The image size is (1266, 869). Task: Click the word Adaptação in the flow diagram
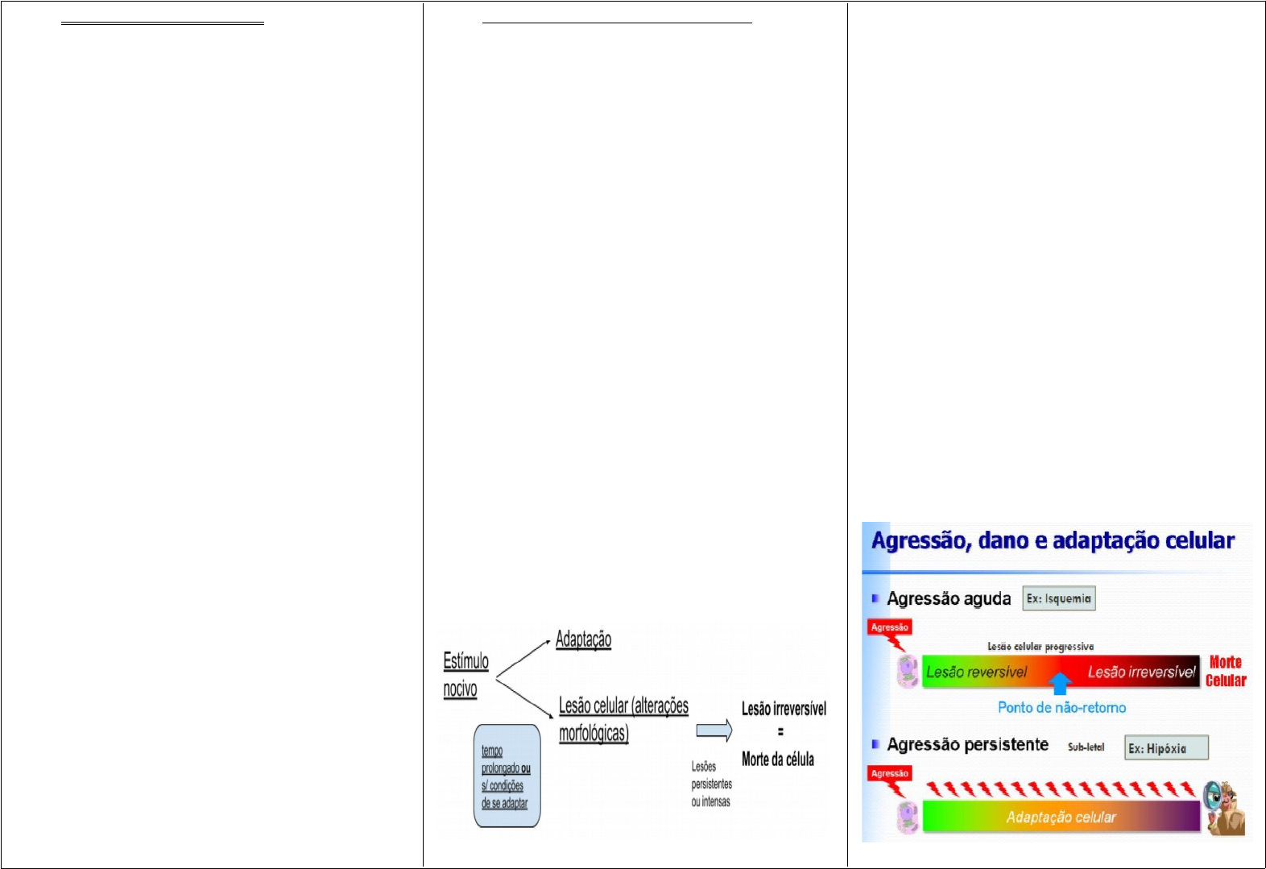tap(583, 639)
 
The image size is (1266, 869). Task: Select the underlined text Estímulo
tap(465, 661)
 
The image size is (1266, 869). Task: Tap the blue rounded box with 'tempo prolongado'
tap(507, 776)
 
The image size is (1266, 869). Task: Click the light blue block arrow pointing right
tap(714, 730)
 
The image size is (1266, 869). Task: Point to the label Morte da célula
tap(777, 759)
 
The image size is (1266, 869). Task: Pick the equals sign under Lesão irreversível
tap(780, 732)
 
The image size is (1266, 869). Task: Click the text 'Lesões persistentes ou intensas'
tap(711, 784)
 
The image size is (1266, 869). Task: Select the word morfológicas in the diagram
tap(594, 733)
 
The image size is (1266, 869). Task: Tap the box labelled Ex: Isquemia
tap(1058, 598)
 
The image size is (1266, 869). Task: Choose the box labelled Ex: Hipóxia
tap(1165, 748)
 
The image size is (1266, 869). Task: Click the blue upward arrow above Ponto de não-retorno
tap(1060, 684)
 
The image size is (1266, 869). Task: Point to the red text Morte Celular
tap(1225, 671)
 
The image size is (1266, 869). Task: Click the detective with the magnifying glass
tap(1223, 807)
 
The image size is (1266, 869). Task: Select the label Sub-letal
tap(1086, 747)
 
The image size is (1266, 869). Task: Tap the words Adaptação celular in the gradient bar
tap(1061, 817)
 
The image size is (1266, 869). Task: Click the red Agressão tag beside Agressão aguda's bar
tap(889, 627)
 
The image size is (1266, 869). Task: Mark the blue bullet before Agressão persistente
tap(875, 744)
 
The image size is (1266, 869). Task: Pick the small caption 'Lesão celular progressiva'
tap(1041, 647)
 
